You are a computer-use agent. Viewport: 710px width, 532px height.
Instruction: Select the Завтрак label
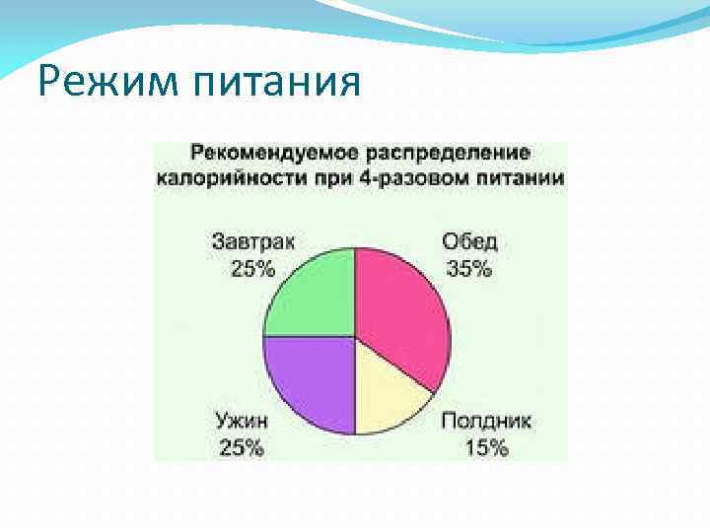(252, 242)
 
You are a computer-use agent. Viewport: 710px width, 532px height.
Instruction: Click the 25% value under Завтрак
(252, 268)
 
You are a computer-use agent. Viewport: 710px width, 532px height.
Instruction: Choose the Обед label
(469, 242)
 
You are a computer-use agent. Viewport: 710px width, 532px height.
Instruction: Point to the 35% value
(468, 268)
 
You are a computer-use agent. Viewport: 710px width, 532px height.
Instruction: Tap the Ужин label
(241, 421)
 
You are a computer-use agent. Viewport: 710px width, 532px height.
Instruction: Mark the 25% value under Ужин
(241, 447)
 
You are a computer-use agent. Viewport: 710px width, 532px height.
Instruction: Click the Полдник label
(486, 421)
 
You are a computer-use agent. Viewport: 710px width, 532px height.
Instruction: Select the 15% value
(484, 447)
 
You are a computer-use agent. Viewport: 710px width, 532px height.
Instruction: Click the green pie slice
(314, 296)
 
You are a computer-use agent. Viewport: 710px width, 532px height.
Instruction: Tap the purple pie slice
(311, 379)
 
